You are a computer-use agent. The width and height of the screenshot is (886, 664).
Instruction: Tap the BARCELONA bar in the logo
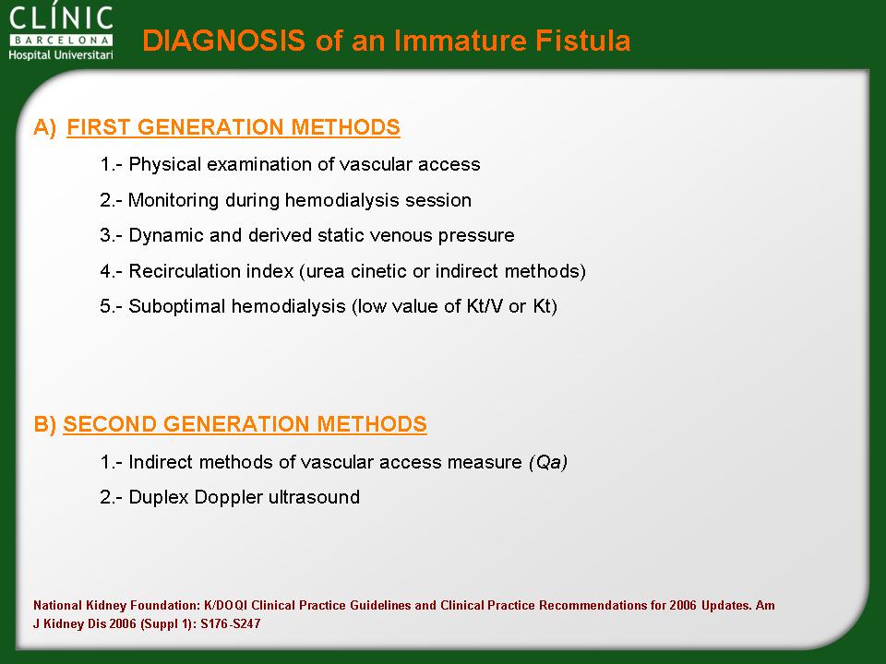point(61,40)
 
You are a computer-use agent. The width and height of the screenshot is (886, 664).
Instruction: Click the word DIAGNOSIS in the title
point(223,41)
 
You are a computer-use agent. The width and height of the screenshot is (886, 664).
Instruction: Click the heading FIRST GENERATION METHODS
point(233,127)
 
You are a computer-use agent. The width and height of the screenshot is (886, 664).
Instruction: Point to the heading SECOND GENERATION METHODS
point(245,424)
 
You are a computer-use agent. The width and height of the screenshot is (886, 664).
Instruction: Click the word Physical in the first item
point(165,164)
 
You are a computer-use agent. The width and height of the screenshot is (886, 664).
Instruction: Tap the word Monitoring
point(174,200)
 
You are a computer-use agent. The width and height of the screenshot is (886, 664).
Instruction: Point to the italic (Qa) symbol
point(548,462)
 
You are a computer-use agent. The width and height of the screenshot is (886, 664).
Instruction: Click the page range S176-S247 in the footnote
point(231,624)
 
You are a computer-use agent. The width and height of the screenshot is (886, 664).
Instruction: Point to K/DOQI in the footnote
point(226,605)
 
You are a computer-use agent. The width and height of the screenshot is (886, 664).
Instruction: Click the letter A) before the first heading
point(45,127)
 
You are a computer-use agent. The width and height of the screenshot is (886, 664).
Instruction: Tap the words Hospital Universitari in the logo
point(61,54)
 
